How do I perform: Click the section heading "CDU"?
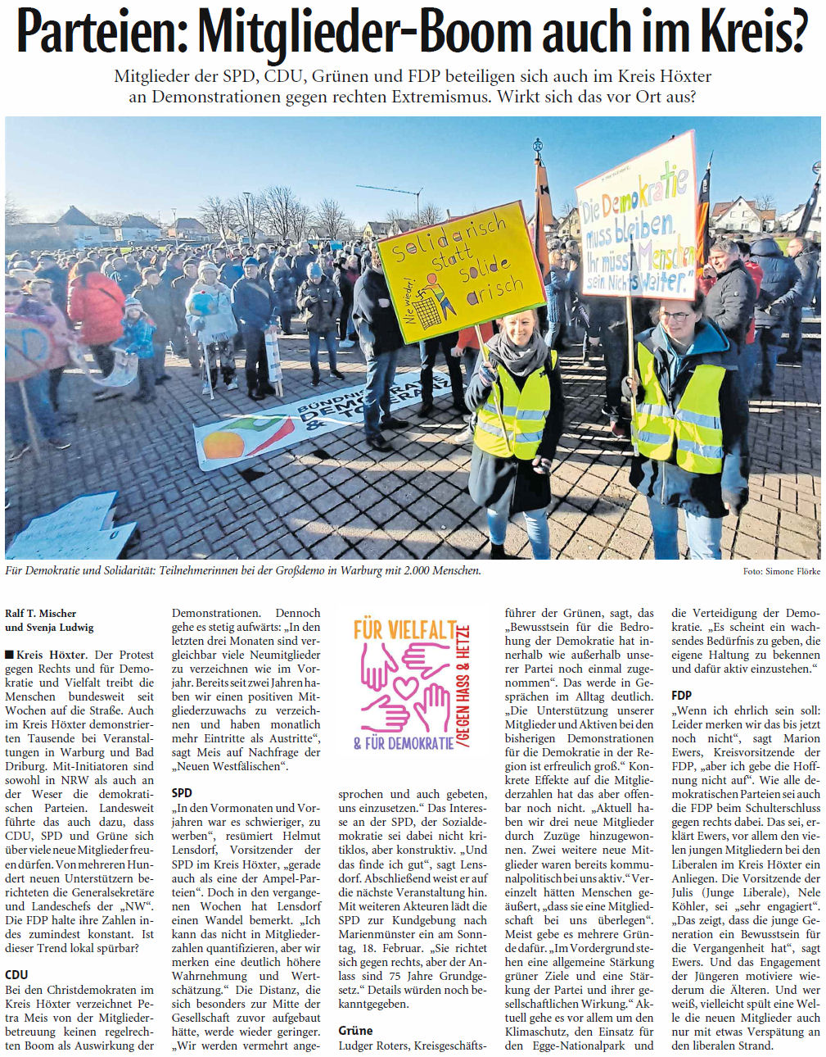click(16, 974)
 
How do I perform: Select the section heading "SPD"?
click(182, 792)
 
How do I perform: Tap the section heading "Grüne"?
click(355, 1030)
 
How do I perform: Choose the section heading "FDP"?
click(681, 695)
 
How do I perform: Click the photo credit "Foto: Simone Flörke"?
click(781, 571)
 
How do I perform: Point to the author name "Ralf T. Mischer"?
click(41, 613)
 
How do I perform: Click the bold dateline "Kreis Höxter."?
click(50, 655)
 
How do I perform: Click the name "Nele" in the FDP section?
click(808, 892)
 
